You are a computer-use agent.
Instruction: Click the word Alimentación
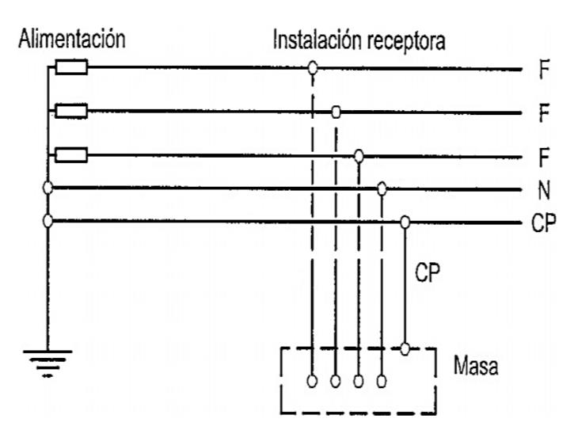(72, 40)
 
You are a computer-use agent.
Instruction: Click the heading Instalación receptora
(358, 40)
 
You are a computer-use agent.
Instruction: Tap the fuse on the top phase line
(72, 69)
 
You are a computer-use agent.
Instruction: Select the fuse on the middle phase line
(72, 112)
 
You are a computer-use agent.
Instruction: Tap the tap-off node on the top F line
(313, 69)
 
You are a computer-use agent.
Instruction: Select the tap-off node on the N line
(382, 188)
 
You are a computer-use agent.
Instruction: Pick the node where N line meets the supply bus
(48, 188)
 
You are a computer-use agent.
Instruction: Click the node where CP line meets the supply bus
(48, 220)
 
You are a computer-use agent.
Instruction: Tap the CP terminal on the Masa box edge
(405, 348)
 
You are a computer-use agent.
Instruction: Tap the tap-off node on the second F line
(336, 112)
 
